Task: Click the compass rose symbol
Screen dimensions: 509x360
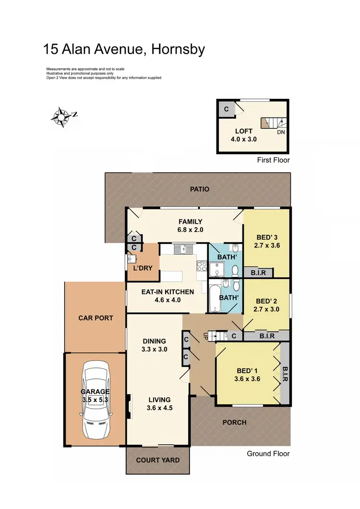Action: [x=62, y=116]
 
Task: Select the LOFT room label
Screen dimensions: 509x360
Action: [x=243, y=131]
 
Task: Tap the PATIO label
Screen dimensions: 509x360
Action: [x=199, y=189]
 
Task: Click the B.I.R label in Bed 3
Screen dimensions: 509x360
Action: [x=258, y=273]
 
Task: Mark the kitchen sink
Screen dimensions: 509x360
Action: [x=183, y=249]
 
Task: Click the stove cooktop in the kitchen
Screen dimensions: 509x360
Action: [x=202, y=266]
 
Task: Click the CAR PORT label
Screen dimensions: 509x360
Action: [x=96, y=318]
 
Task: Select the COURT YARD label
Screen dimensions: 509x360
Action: [x=158, y=460]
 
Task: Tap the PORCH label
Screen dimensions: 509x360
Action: [x=234, y=423]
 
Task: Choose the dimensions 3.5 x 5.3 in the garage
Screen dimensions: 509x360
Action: [x=96, y=399]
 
